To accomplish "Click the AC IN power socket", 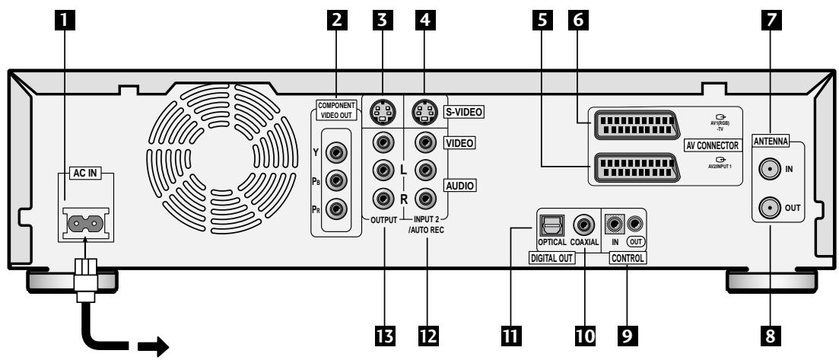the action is point(86,222).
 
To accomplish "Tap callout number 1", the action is point(65,20).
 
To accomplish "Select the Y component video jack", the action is point(336,153).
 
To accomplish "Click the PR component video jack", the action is point(336,207).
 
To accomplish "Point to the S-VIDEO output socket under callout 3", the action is point(382,112).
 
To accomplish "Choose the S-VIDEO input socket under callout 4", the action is point(424,112).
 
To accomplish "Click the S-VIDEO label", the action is point(462,112).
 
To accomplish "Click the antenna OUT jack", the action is point(769,206).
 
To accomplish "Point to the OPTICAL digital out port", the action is point(549,225).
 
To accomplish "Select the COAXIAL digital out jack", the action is point(583,224).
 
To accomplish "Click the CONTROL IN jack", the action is point(615,223).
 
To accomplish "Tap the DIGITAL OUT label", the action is point(551,258).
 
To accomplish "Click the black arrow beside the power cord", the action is point(154,346).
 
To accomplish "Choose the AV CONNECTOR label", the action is point(712,145).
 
